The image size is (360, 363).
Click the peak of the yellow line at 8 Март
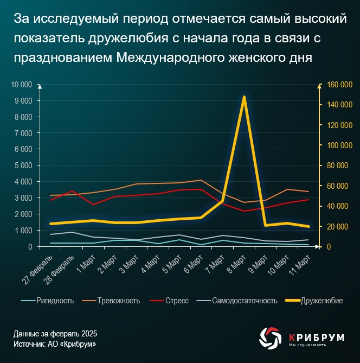244,97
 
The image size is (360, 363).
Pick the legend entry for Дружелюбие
322,301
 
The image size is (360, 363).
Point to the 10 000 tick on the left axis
22,85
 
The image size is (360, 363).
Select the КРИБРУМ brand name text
317,336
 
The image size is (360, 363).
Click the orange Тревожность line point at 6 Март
202,180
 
